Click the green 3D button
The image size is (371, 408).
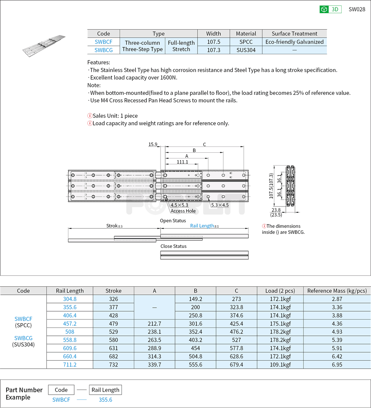coord(330,9)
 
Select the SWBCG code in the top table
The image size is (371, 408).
coord(103,50)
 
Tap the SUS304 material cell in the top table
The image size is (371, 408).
coord(246,50)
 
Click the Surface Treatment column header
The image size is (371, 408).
coord(294,34)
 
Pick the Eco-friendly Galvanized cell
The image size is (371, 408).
coord(294,42)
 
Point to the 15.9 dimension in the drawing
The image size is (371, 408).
coord(153,144)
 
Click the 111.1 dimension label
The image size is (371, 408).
coord(182,162)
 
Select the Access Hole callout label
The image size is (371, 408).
coord(183,211)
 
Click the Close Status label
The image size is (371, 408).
coord(173,246)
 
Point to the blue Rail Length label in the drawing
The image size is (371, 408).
coord(202,226)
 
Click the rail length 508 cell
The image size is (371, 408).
coord(70,332)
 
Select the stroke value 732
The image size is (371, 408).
coord(113,364)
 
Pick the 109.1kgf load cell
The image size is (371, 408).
coord(280,364)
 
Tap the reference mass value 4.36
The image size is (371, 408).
coord(337,324)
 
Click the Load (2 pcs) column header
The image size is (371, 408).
coord(280,290)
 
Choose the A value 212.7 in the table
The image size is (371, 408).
coord(155,324)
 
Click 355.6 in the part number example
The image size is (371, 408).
coord(105,400)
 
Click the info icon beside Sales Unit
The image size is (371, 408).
coord(90,116)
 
